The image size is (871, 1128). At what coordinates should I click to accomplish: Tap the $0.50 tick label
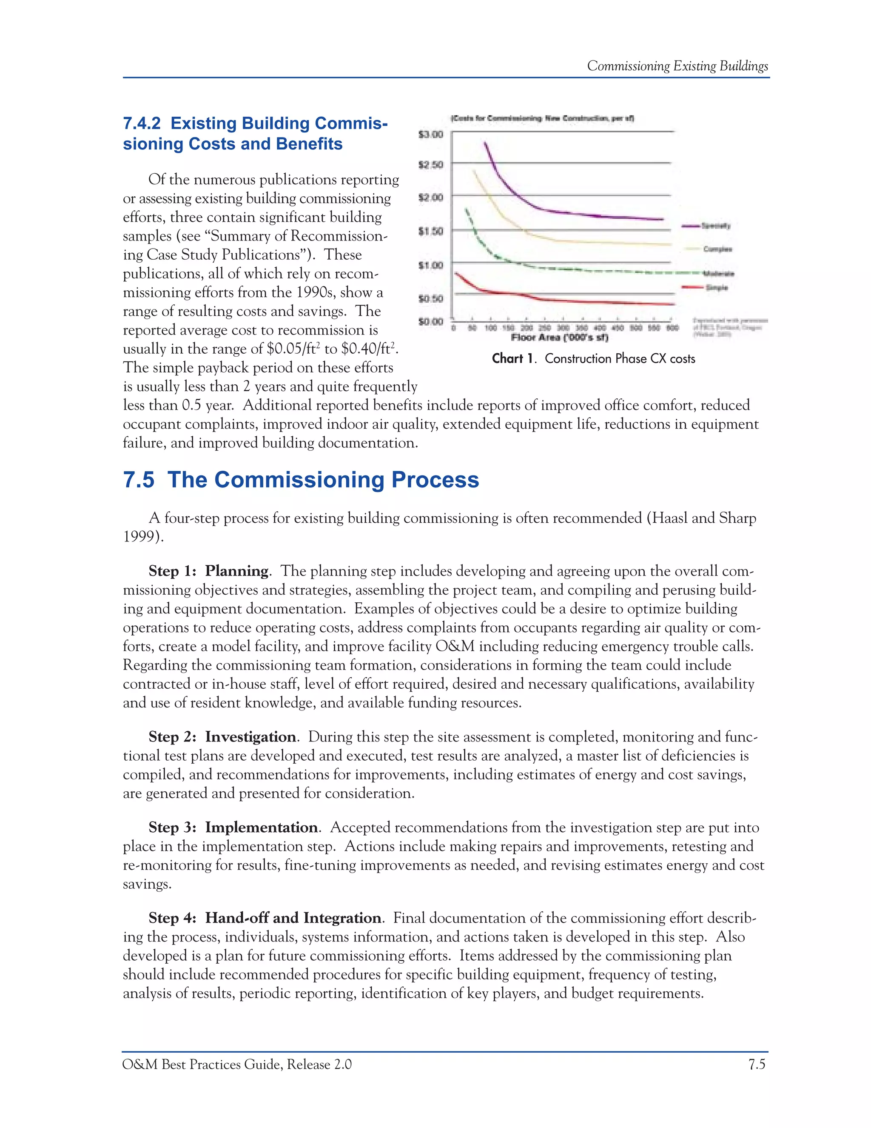pyautogui.click(x=430, y=298)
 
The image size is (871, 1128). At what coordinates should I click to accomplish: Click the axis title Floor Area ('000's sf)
pyautogui.click(x=559, y=338)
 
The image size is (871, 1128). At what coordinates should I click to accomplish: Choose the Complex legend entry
pyautogui.click(x=717, y=249)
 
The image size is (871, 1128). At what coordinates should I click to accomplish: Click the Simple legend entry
pyautogui.click(x=716, y=288)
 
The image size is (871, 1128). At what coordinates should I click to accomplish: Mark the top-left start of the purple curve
pyautogui.click(x=484, y=143)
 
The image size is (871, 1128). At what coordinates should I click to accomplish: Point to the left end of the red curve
pyautogui.click(x=455, y=273)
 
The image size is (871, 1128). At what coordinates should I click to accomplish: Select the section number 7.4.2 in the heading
pyautogui.click(x=141, y=123)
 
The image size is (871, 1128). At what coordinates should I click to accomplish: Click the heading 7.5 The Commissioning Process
pyautogui.click(x=301, y=479)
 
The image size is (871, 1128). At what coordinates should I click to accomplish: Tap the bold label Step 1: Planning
pyautogui.click(x=208, y=571)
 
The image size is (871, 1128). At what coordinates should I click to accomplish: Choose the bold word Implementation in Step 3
pyautogui.click(x=261, y=827)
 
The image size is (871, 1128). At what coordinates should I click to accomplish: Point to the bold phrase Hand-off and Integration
pyautogui.click(x=293, y=918)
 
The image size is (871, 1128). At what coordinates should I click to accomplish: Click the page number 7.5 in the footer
pyautogui.click(x=757, y=1065)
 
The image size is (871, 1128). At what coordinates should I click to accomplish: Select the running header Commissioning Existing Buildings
pyautogui.click(x=677, y=66)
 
